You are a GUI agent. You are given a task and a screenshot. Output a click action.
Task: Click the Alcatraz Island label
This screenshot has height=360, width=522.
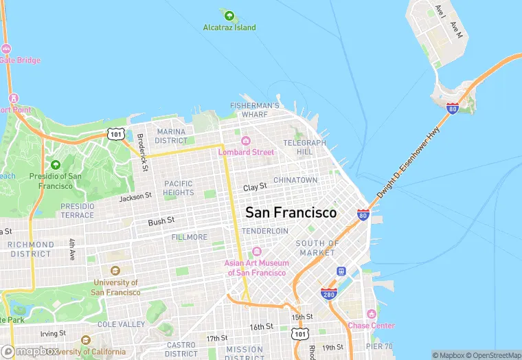coord(229,27)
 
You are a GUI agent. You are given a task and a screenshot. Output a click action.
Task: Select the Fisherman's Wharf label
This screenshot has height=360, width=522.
coord(254,110)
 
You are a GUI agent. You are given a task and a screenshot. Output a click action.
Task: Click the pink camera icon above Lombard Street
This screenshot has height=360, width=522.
coord(245,141)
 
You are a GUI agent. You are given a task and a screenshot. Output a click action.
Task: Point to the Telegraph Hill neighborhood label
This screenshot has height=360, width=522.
coord(299,147)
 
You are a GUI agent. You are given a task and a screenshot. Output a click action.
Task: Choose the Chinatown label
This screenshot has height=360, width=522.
coord(295,180)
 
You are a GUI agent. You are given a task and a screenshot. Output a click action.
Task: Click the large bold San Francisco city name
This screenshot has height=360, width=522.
coord(291,212)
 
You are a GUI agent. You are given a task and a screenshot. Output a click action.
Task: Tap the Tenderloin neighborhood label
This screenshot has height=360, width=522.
coord(265,231)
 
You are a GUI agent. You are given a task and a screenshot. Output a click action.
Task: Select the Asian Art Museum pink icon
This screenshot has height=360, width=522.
coord(257,251)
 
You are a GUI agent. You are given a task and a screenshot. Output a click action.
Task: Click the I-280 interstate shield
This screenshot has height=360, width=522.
coord(328,294)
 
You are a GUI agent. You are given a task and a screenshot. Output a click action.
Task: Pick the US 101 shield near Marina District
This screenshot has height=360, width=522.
coord(115,133)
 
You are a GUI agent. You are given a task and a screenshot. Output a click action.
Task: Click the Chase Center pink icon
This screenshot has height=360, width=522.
coord(371,313)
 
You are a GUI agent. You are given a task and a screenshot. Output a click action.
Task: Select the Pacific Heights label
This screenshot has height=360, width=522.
coord(179,188)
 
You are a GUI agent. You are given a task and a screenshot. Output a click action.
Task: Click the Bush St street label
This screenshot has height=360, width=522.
coord(161,222)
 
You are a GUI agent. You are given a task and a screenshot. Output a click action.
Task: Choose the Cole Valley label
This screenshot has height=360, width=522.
coord(121,324)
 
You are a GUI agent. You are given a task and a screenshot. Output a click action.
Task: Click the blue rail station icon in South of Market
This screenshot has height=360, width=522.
coord(340,272)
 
